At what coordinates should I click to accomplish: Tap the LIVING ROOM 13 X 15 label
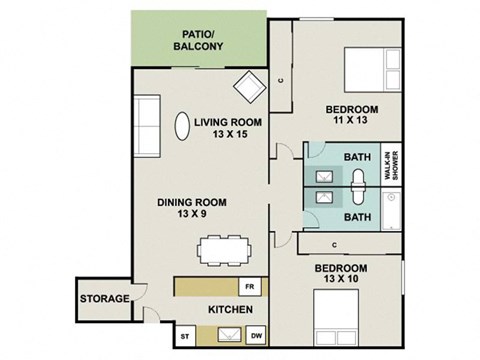click(228, 128)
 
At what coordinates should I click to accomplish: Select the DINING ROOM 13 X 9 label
click(191, 207)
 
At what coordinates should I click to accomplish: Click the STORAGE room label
click(105, 299)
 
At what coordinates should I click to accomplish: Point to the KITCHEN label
click(228, 310)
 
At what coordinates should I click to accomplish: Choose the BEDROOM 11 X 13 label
click(350, 114)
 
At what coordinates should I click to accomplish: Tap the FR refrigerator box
click(251, 286)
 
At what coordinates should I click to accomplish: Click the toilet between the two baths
click(357, 185)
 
